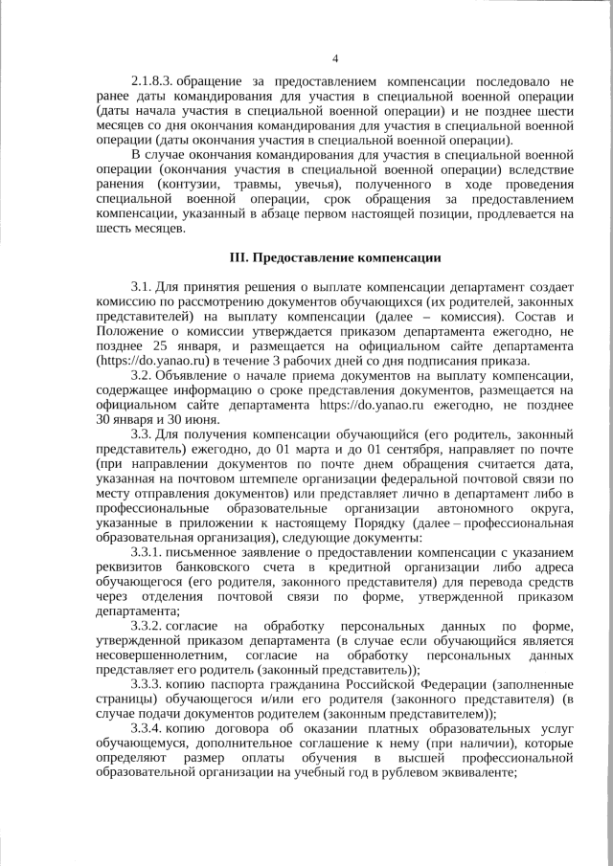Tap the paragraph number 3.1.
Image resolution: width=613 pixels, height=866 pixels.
141,288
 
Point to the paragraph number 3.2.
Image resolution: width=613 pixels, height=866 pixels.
141,375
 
